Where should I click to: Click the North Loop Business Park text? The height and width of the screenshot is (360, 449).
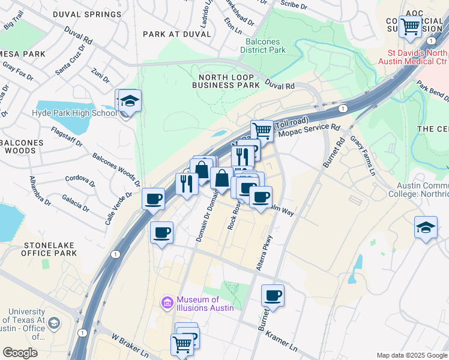226,81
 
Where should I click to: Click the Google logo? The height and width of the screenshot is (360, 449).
20,353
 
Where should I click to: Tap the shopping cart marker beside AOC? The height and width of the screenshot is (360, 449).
411,27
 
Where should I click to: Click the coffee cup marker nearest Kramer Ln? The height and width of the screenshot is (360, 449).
273,296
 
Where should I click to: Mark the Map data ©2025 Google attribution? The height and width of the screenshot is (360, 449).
412,355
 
